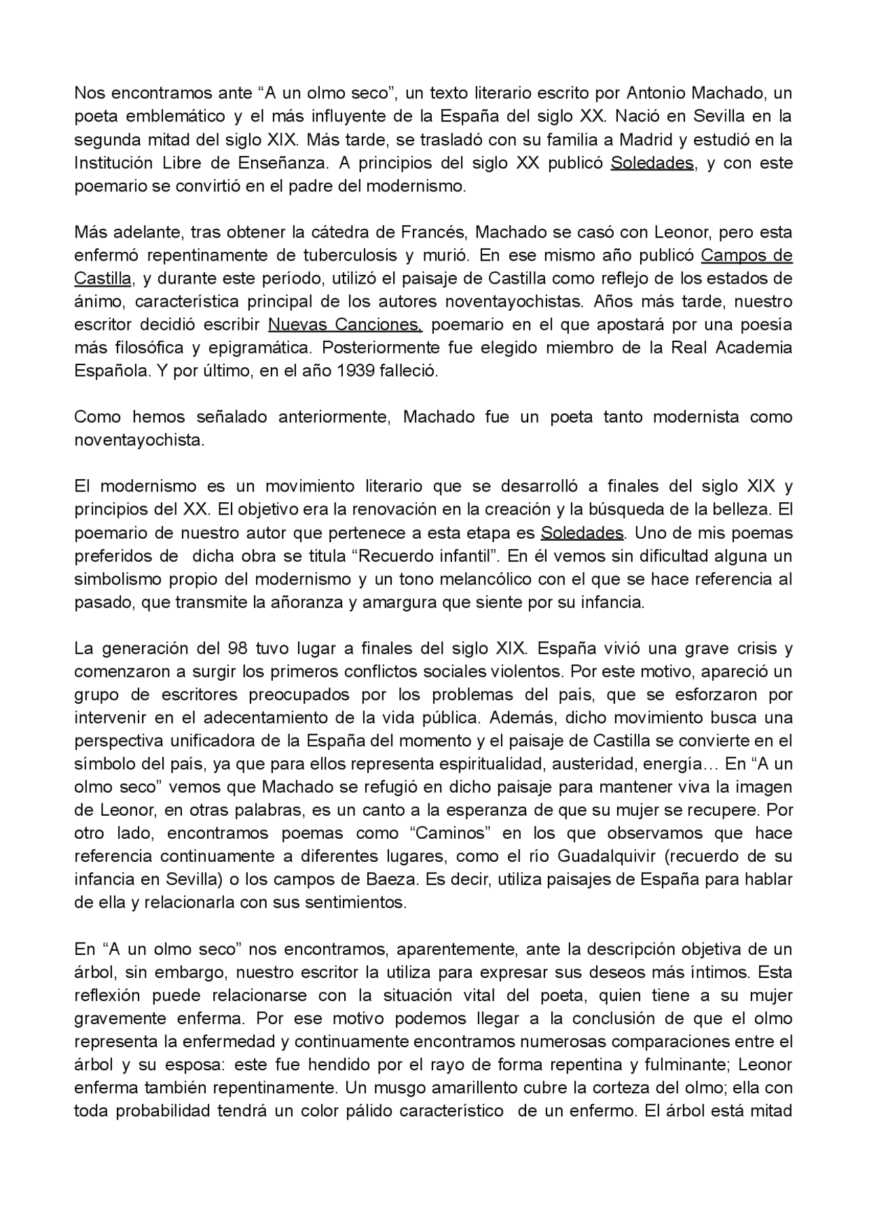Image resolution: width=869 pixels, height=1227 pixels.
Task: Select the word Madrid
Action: (x=643, y=140)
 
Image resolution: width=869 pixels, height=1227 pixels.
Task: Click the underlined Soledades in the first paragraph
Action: (x=652, y=163)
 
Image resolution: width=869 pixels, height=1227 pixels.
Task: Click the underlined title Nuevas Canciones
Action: (x=345, y=324)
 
